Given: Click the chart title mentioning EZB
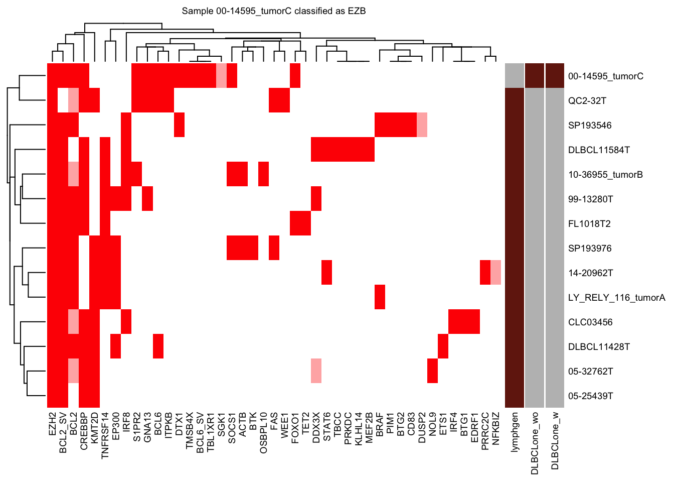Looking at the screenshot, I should tap(273, 11).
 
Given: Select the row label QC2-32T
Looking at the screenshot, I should tap(587, 101).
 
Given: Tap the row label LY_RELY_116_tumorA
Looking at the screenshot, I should tap(616, 298).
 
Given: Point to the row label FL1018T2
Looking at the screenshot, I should tap(589, 224).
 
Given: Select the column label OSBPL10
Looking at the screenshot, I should tap(264, 433).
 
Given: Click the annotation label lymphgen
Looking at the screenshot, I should tap(515, 432).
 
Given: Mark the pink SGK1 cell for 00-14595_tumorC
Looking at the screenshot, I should tap(221, 76).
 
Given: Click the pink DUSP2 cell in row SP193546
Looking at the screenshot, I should tap(422, 125).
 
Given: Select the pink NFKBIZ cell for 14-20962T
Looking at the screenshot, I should tap(496, 273).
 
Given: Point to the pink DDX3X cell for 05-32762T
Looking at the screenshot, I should tap(316, 371).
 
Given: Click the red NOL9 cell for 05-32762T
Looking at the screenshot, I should tap(432, 371).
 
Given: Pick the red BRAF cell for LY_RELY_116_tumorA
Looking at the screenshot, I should tap(380, 297).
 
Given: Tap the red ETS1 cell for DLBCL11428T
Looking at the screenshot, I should tap(443, 346).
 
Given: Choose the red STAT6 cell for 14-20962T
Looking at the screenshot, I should tap(326, 273).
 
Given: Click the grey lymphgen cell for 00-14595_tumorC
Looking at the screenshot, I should tap(515, 76).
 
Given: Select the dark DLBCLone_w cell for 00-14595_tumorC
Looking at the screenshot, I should tap(555, 76).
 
